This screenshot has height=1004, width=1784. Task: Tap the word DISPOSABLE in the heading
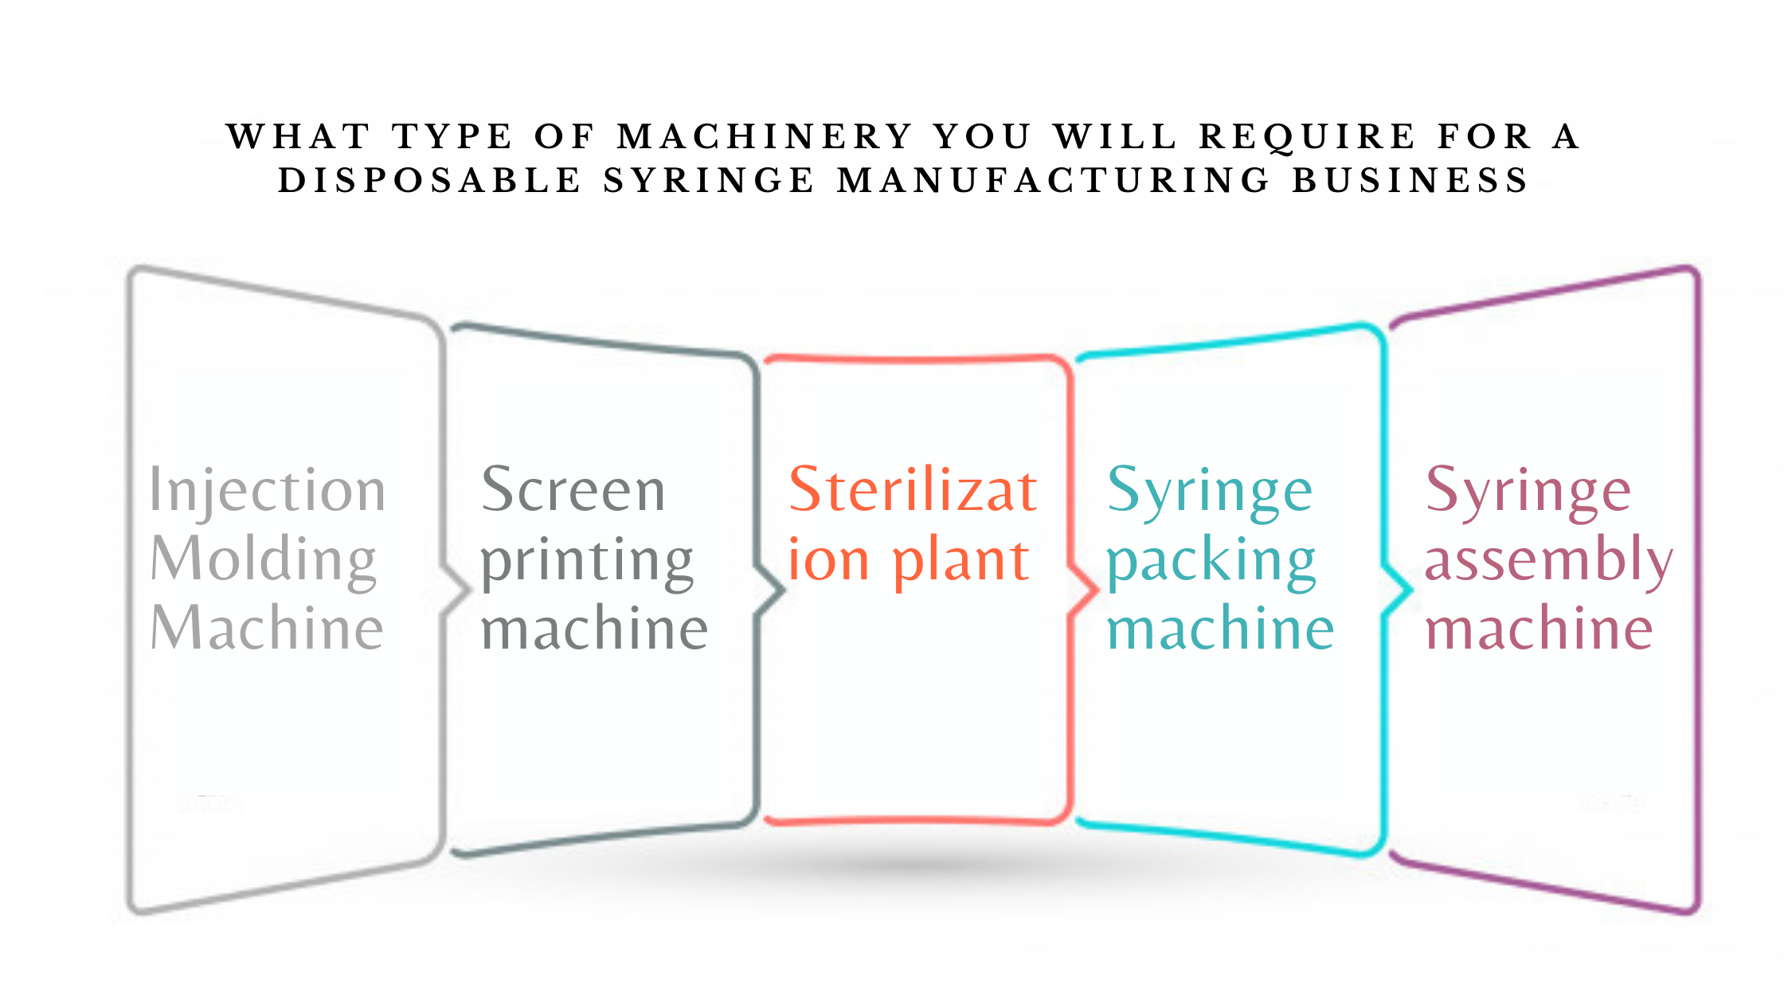coord(429,180)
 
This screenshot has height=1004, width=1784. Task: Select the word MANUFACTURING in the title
coord(1053,180)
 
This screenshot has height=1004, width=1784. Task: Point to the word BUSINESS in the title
coord(1409,180)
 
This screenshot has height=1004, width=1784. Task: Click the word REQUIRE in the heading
coord(1307,138)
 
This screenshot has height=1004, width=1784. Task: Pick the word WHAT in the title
coord(299,136)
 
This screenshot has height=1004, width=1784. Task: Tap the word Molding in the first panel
coord(263,560)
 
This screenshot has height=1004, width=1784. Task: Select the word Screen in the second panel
coord(573,489)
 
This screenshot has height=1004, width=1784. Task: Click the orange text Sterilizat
coord(913,489)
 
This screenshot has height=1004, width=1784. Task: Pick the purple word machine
coord(1539,629)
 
